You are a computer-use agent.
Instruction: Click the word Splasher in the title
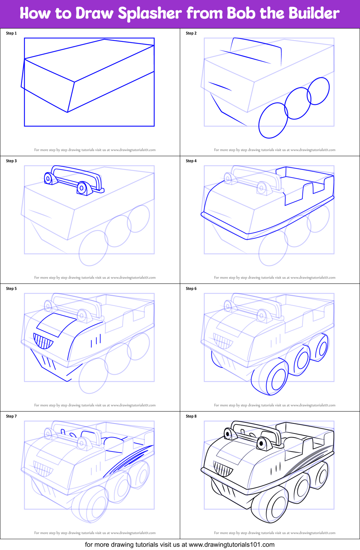click(150, 14)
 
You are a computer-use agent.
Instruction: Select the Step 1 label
click(11, 33)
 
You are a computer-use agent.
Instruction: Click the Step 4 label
click(191, 161)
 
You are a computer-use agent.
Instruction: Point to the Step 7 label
click(11, 416)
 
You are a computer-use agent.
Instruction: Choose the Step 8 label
click(191, 416)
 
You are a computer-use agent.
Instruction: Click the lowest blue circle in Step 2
click(273, 120)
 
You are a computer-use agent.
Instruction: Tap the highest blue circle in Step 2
click(318, 91)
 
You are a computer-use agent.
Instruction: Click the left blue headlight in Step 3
click(48, 179)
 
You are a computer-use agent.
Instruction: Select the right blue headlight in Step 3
click(82, 188)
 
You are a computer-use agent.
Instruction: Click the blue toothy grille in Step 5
click(43, 341)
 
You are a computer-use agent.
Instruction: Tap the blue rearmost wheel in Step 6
click(321, 348)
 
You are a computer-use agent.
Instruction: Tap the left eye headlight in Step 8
click(228, 434)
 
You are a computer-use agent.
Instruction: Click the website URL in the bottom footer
click(231, 545)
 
